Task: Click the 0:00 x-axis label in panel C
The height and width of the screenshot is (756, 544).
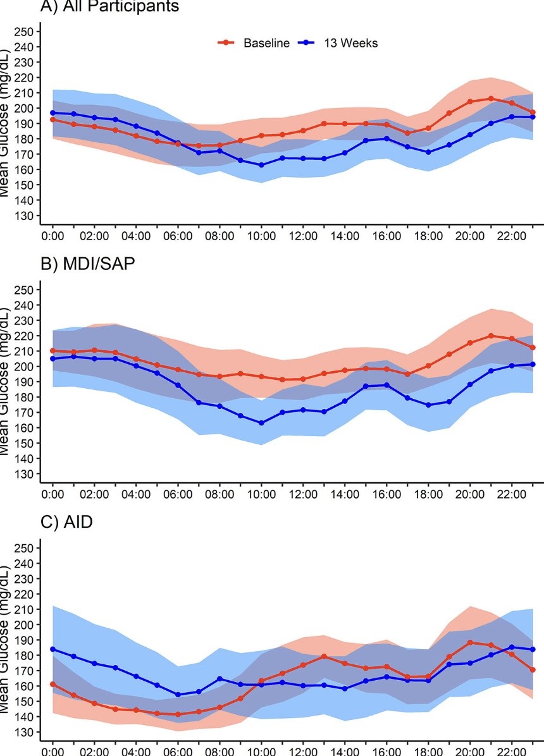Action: [x=53, y=751]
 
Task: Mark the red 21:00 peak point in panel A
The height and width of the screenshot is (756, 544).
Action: [x=491, y=99]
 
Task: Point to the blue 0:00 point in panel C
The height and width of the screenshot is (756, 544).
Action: [x=53, y=649]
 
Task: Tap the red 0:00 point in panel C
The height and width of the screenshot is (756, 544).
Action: [x=53, y=684]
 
